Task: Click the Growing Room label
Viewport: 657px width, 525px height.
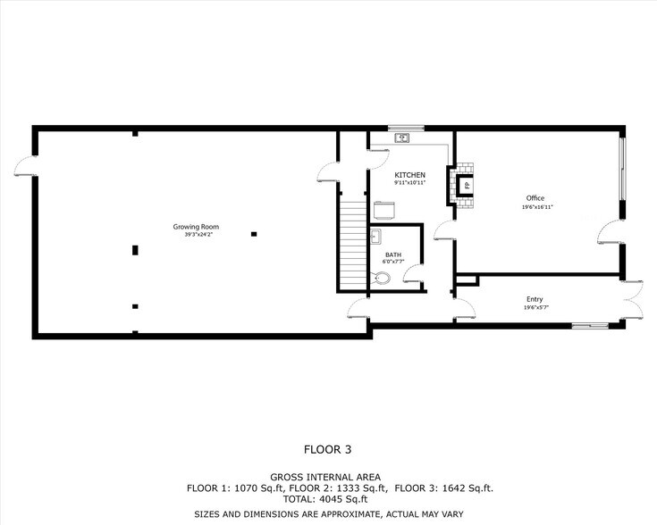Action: tap(195, 227)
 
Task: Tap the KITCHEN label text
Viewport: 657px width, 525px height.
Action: tap(409, 175)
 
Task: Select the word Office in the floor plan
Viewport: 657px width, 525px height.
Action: tap(534, 198)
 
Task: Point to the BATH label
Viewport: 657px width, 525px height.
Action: tap(393, 254)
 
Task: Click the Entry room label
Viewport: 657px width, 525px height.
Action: tap(535, 299)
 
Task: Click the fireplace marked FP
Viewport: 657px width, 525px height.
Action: tap(464, 186)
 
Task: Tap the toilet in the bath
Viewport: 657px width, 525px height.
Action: tap(383, 279)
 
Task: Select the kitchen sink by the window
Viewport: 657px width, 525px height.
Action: tap(403, 137)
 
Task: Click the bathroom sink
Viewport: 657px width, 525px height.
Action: tap(376, 237)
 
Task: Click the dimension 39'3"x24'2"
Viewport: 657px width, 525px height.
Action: tap(195, 235)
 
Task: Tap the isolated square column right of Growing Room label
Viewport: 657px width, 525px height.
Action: tap(254, 234)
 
